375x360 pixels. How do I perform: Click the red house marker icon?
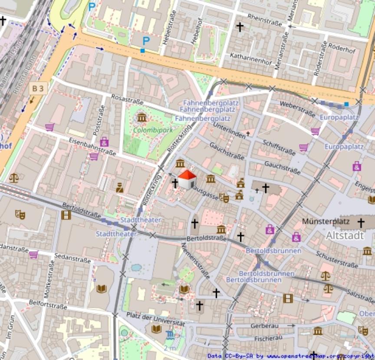(x=187, y=179)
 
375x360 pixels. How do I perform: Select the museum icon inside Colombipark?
(x=141, y=117)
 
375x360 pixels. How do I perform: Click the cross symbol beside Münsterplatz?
(x=360, y=223)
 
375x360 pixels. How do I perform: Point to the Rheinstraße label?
(x=264, y=20)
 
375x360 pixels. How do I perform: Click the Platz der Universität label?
(x=155, y=318)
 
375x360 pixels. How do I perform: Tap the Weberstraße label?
(x=297, y=109)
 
